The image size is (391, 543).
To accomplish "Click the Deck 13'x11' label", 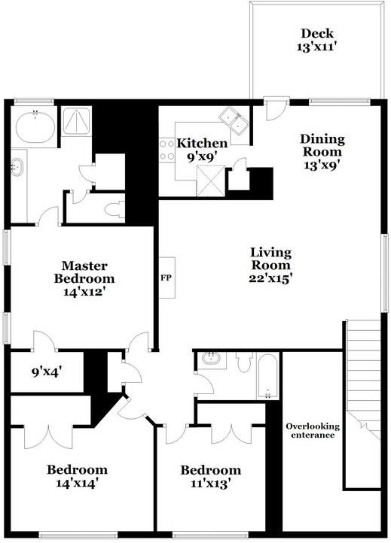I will (317, 39).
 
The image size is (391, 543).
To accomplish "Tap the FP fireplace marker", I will (166, 277).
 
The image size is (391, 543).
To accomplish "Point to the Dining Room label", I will (322, 152).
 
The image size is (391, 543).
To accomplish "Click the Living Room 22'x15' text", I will (271, 265).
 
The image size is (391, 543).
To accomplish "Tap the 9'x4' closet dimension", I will (45, 372).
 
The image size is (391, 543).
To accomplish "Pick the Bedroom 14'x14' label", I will (77, 478).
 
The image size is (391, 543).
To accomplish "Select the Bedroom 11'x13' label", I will (210, 478).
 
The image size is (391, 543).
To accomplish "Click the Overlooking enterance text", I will (313, 430).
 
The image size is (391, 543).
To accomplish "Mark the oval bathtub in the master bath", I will (35, 126).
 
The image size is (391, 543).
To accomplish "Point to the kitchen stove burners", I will (164, 150).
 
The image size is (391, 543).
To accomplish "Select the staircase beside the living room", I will (362, 406).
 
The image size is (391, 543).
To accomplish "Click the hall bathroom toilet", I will (243, 363).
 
